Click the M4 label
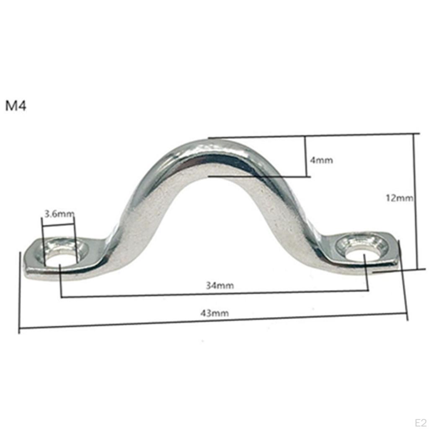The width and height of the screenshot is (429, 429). tap(16, 106)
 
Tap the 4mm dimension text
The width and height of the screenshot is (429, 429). tap(321, 160)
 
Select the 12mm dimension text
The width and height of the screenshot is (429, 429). tap(399, 198)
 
